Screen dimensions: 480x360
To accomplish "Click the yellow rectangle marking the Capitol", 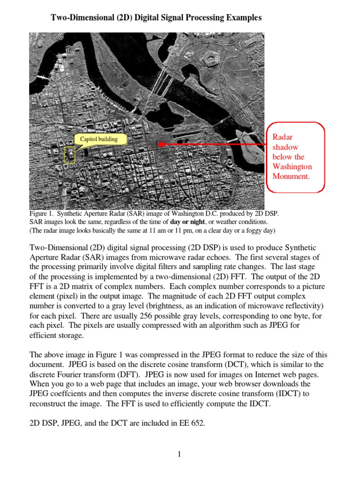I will tap(69, 155).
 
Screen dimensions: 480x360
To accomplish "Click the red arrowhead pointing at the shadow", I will tap(161, 144).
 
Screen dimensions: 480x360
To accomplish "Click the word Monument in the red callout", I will tap(291, 176).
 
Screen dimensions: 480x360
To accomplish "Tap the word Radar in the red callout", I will tap(282, 136).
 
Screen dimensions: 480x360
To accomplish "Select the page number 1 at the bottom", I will tap(180, 454).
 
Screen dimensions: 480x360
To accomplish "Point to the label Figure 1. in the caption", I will tap(41, 214).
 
